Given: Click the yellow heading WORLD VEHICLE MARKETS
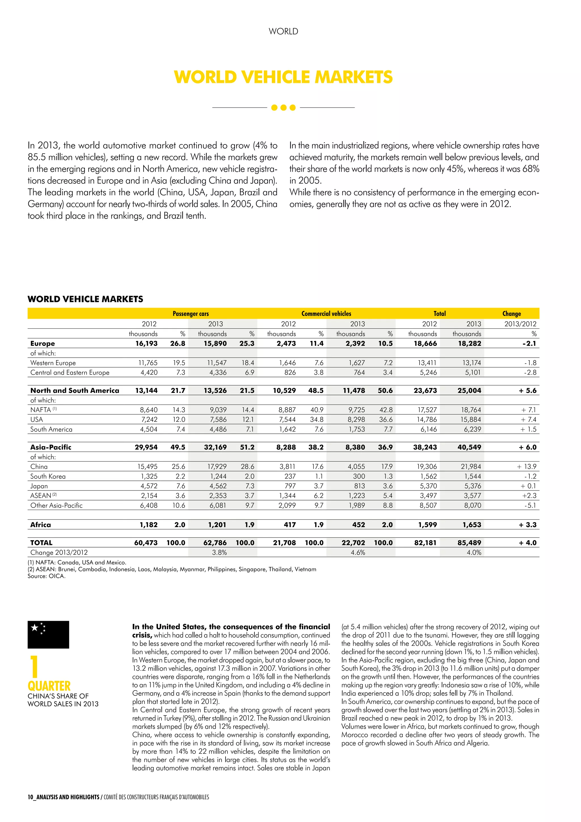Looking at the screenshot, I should point(283,77).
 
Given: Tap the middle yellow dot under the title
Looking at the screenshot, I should point(283,107).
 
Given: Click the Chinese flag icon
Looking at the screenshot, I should point(48,634).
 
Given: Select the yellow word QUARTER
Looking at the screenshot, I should point(49,686).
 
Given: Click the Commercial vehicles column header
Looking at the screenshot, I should point(326,314).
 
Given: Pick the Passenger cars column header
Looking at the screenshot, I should point(191,314).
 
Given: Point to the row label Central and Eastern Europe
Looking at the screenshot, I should point(70,372).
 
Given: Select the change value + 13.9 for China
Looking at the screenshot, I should point(526,467).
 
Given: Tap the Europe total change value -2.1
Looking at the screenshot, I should point(529,343).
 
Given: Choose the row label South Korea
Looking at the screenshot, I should point(48,476).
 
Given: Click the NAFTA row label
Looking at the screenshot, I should point(41,410).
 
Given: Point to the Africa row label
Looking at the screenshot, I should point(41,525).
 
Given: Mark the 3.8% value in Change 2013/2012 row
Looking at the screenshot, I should point(219,552).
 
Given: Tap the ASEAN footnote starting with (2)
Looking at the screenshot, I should point(172,569).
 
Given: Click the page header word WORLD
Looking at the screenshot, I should point(283,32).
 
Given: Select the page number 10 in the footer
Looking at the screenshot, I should point(30,797).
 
